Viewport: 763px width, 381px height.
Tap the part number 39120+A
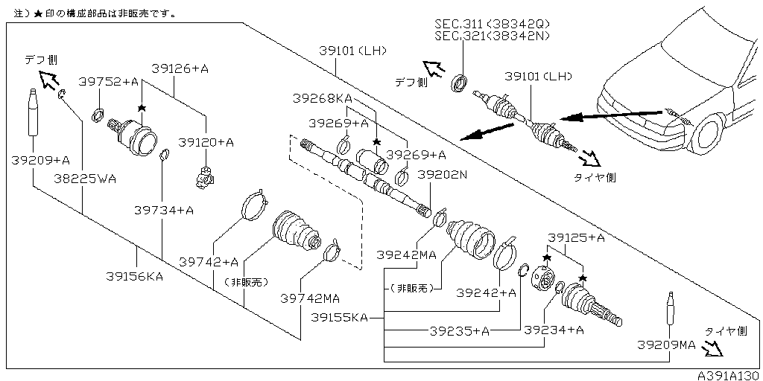[206, 142]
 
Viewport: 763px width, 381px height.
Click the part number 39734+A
[164, 211]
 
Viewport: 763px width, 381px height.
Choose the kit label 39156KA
[134, 275]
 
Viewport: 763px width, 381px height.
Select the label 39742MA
[310, 298]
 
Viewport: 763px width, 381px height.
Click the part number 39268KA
[322, 98]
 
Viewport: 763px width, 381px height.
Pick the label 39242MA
[406, 255]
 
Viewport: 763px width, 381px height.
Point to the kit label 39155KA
[339, 318]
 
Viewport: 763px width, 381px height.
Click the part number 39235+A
[460, 330]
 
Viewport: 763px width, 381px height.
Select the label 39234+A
[554, 330]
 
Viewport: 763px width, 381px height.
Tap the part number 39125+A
[576, 237]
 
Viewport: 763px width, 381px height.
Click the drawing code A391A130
[728, 375]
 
